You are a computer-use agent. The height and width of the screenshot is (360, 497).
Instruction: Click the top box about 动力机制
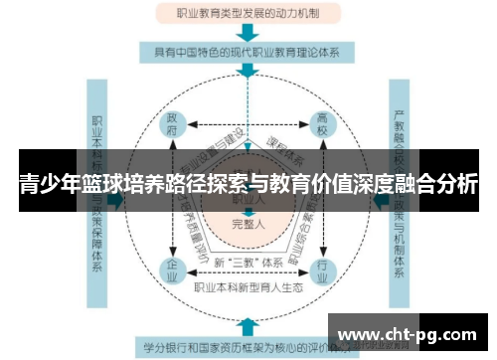click(248, 14)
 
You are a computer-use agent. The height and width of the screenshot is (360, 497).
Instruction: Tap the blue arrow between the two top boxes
click(248, 33)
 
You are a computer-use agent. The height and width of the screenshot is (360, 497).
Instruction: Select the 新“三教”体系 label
click(248, 261)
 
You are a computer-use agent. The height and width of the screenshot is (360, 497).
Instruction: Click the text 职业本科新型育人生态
click(248, 288)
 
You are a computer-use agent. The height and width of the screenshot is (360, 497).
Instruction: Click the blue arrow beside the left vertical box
click(117, 200)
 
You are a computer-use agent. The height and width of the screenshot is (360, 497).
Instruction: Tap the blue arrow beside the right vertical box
click(381, 200)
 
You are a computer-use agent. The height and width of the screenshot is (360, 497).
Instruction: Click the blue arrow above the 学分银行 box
click(248, 325)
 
